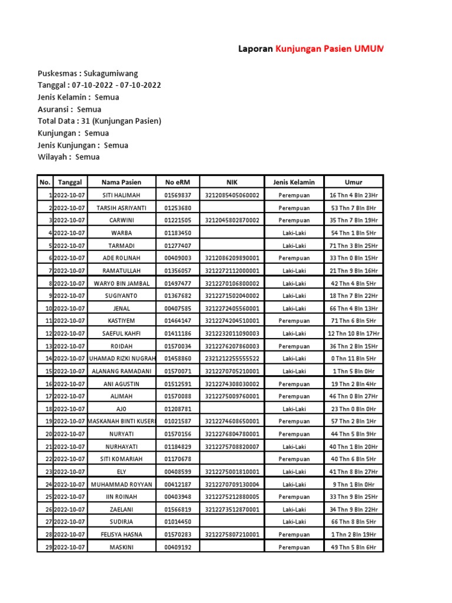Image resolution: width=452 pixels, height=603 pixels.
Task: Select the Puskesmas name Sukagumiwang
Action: pos(111,74)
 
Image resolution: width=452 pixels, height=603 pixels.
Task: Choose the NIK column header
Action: pos(231,183)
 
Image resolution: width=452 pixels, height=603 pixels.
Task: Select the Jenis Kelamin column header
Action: pos(294,183)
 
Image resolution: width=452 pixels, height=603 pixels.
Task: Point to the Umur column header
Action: pos(354,183)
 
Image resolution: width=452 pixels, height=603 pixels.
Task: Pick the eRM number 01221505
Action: pos(178,220)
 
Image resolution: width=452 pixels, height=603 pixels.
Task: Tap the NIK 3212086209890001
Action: pos(232,258)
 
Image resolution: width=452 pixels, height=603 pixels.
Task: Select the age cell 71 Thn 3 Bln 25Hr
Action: pos(354,246)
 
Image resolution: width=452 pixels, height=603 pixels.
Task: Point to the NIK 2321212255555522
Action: pos(232,359)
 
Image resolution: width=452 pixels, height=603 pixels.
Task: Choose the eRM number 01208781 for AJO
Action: pos(178,409)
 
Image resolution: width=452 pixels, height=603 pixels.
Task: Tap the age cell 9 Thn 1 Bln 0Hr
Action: pos(354,484)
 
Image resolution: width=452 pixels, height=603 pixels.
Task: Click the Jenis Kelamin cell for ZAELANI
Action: pos(294,509)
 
